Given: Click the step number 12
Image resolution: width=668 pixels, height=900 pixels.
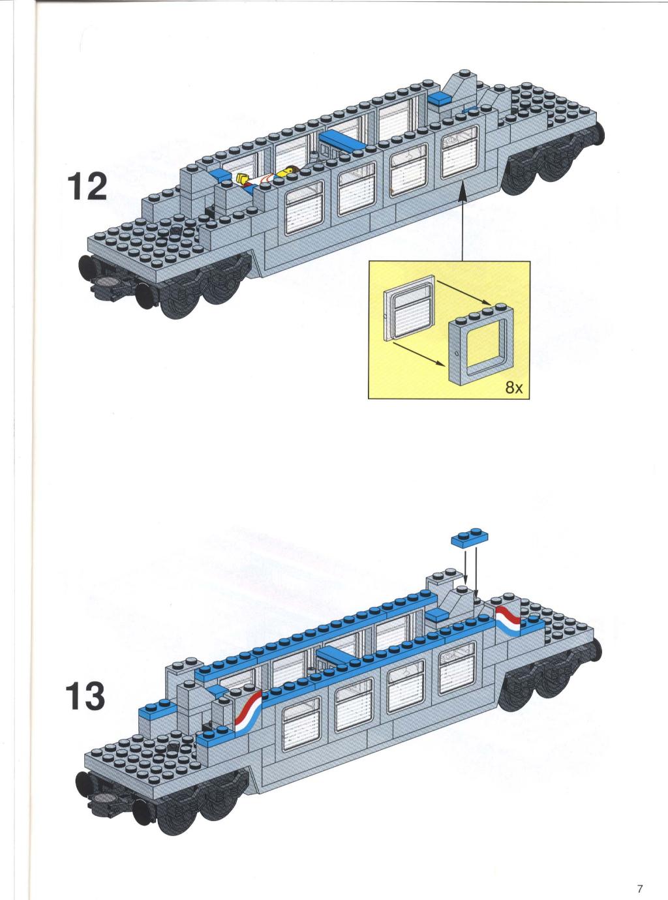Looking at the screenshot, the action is pos(87,187).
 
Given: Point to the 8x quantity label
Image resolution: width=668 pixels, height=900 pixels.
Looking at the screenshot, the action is pos(513,388).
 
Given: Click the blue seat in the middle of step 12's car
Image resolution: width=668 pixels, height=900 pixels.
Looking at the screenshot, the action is pos(342,140).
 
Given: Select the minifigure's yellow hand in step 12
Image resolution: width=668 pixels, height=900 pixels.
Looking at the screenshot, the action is pos(242,178).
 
